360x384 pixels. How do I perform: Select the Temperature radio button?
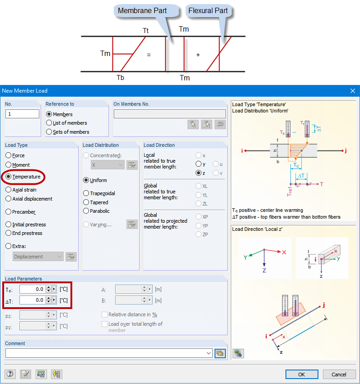pyautogui.click(x=9, y=177)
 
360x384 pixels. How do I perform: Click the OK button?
pyautogui.click(x=301, y=374)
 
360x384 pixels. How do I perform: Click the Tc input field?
pyautogui.click(x=33, y=289)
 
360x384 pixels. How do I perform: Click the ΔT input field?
pyautogui.click(x=33, y=300)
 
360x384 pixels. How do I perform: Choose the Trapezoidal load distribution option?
pyautogui.click(x=86, y=193)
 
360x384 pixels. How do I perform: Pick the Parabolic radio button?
pyautogui.click(x=86, y=211)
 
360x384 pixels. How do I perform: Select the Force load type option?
pyautogui.click(x=9, y=155)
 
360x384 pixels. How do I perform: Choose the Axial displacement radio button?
pyautogui.click(x=9, y=199)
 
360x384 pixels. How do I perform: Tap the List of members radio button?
pyautogui.click(x=49, y=123)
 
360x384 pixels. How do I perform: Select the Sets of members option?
pyautogui.click(x=49, y=132)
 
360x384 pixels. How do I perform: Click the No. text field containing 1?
pyautogui.click(x=22, y=114)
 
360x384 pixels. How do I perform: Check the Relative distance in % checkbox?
pyautogui.click(x=105, y=314)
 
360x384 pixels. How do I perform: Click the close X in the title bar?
pyautogui.click(x=353, y=91)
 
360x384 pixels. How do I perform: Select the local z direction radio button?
pyautogui.click(x=198, y=173)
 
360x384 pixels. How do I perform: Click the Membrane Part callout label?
pyautogui.click(x=142, y=10)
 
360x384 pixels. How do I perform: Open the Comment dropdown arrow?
pyautogui.click(x=208, y=353)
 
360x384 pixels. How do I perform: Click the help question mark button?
pyautogui.click(x=10, y=374)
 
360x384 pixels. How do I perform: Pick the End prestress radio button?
pyautogui.click(x=9, y=233)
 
